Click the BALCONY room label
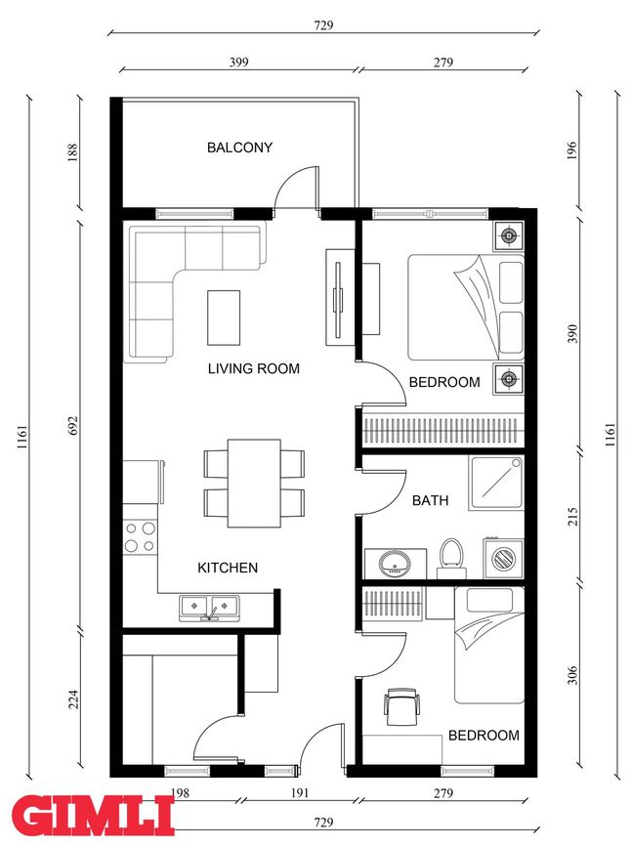click(239, 147)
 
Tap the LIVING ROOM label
click(253, 368)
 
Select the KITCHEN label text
click(228, 568)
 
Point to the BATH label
click(430, 500)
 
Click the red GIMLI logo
click(92, 816)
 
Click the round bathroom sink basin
click(395, 563)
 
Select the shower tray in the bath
click(496, 483)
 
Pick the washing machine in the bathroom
click(503, 558)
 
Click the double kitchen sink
click(210, 608)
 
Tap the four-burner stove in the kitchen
click(140, 537)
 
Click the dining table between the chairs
click(254, 484)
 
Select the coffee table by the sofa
click(224, 318)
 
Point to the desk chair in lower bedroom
click(401, 706)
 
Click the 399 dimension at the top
click(238, 63)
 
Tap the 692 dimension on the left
click(73, 425)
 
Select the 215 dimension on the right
click(572, 517)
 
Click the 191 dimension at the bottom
click(299, 793)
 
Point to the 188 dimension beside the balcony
click(73, 152)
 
